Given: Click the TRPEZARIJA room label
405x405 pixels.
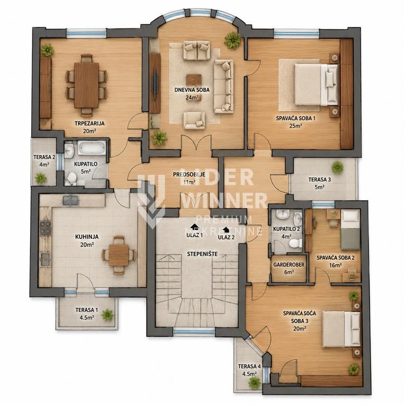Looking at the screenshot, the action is [89, 123].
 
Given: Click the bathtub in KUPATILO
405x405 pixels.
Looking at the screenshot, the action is [92, 148].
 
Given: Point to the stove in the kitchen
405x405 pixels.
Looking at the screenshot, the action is [45, 228].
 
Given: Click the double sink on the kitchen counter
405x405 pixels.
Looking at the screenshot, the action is [70, 200].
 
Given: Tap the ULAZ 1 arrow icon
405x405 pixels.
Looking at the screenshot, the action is [194, 227].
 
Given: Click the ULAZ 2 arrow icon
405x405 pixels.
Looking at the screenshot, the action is [226, 229].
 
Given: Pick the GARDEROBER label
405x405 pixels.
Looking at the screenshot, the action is [289, 265].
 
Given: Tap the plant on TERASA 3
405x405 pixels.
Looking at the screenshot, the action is [337, 167].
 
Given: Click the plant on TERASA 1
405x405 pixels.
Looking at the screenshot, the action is [107, 315].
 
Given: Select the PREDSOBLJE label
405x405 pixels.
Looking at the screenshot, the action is [189, 175].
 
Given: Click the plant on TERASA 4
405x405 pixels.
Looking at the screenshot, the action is [254, 382].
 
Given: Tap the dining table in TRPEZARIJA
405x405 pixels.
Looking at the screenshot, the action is [87, 85].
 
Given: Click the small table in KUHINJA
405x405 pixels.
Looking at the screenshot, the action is [119, 255].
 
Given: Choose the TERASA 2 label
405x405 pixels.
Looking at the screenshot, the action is [44, 157].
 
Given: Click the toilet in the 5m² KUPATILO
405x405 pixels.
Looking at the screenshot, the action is [71, 179].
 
